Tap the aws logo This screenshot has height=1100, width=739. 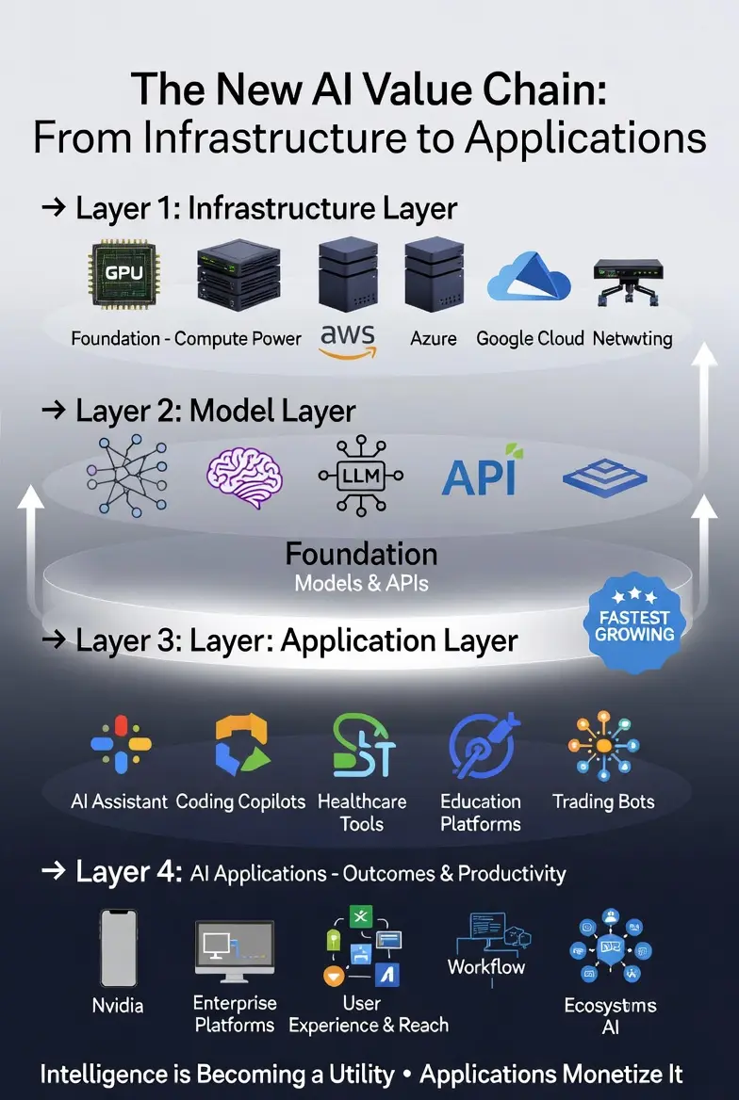click(348, 342)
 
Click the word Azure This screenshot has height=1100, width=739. click(434, 337)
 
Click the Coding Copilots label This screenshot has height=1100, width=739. click(241, 801)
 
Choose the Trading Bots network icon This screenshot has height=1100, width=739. click(603, 747)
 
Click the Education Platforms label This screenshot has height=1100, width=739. click(481, 812)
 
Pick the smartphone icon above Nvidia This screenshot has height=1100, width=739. click(119, 948)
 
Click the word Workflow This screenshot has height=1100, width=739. click(486, 966)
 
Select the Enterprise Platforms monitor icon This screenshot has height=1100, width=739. click(234, 950)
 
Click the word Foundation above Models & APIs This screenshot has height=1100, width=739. click(361, 553)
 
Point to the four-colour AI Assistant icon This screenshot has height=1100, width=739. click(122, 745)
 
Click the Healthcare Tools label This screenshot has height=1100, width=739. click(362, 812)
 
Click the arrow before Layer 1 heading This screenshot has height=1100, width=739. click(54, 208)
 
